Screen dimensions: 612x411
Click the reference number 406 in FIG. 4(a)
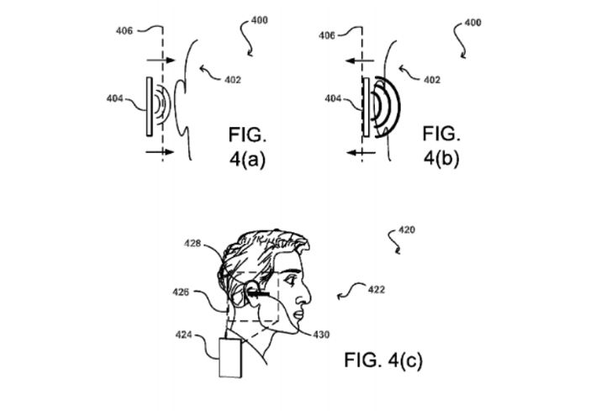tap(124, 30)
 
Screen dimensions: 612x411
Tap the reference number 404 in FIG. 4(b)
tap(333, 98)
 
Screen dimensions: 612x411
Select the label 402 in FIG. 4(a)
tap(233, 80)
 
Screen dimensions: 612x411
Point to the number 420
tap(407, 230)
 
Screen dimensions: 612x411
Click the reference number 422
tap(377, 290)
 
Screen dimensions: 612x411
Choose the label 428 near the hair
tap(193, 244)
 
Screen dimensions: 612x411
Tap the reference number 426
tap(181, 292)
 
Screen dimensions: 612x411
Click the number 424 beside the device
tap(183, 335)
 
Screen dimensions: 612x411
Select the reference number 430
tap(321, 335)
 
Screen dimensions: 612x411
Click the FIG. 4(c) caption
tap(383, 360)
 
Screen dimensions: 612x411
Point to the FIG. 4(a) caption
tap(247, 146)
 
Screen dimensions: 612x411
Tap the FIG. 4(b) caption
tap(441, 145)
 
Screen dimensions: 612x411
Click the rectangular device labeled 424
tap(230, 358)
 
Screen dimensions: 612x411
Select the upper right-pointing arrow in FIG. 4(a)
tap(161, 61)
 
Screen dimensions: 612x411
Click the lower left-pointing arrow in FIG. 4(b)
tap(361, 152)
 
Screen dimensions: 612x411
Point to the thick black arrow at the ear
tap(258, 292)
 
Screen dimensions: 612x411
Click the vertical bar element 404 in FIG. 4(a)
tap(149, 107)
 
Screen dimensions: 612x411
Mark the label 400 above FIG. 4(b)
tap(472, 23)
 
